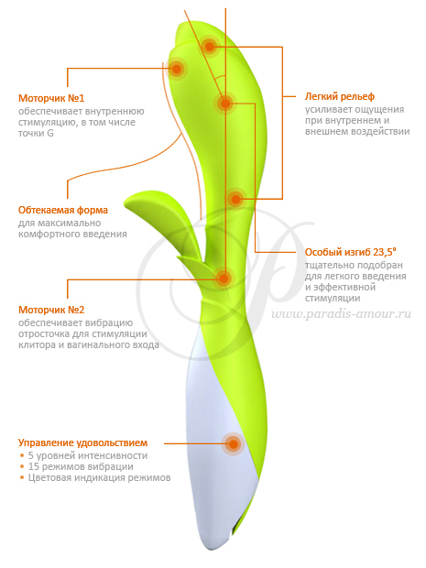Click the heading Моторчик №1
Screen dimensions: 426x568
(51, 98)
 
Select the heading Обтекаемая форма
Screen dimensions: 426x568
(63, 210)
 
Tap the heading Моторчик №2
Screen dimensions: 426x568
(51, 310)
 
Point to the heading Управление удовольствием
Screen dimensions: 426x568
(83, 443)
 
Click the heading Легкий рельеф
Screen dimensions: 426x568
(339, 97)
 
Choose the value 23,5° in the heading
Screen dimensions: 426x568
(385, 252)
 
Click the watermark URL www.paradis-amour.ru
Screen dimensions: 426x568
(341, 313)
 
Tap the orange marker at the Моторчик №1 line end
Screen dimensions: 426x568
(177, 68)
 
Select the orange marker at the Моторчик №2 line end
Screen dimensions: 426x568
(224, 279)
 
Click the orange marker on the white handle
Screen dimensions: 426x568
(234, 443)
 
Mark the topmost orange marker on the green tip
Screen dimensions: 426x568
(210, 47)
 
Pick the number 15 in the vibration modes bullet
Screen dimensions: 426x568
(33, 466)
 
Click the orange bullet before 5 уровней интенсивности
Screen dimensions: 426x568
(22, 455)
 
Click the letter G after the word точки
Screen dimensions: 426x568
(50, 134)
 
